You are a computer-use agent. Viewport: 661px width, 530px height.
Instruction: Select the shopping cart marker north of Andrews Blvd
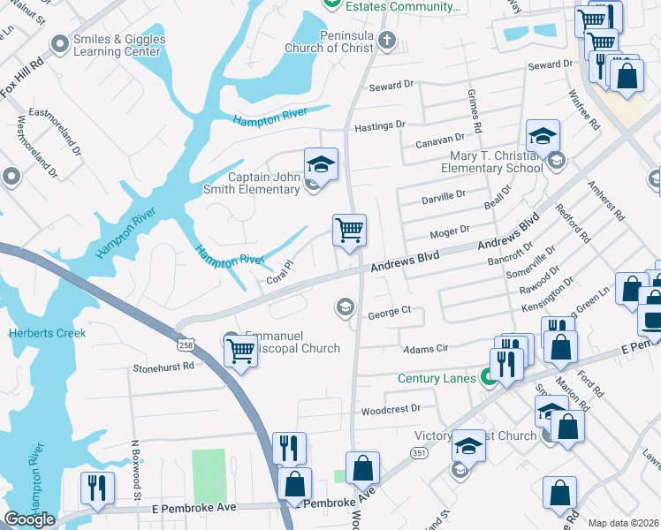349,231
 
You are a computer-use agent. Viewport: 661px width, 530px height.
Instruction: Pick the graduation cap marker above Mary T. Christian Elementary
543,136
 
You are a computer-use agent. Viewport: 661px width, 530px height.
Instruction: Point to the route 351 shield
419,451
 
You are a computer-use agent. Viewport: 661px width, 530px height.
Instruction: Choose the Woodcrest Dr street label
391,411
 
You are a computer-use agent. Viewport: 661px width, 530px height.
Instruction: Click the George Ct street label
390,312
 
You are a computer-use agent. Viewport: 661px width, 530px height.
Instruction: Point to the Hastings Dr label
379,126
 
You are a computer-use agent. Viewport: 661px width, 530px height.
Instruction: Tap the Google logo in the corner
29,519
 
